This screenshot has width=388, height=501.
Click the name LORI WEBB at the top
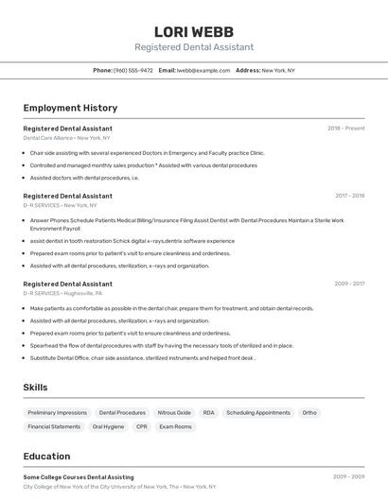(194, 31)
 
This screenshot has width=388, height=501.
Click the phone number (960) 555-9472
(132, 70)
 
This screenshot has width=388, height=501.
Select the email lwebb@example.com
(204, 70)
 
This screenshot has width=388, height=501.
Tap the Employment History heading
(70, 108)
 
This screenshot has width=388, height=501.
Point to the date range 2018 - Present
(345, 129)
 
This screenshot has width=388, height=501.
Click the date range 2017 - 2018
(349, 196)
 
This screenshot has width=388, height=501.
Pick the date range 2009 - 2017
(349, 284)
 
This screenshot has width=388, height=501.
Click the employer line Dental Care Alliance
(48, 138)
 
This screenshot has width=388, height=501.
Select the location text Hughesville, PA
(84, 293)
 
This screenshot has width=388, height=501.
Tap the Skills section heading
(36, 388)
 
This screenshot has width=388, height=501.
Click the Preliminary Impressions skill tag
(57, 413)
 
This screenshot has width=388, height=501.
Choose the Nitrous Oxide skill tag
(174, 413)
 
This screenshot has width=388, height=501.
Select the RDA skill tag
(208, 413)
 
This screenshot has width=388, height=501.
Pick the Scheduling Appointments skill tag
(258, 413)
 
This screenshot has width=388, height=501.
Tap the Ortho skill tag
(309, 413)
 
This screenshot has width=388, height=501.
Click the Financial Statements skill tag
(54, 426)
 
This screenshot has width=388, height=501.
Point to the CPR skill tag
(142, 426)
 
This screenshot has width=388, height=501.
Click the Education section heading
(47, 457)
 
